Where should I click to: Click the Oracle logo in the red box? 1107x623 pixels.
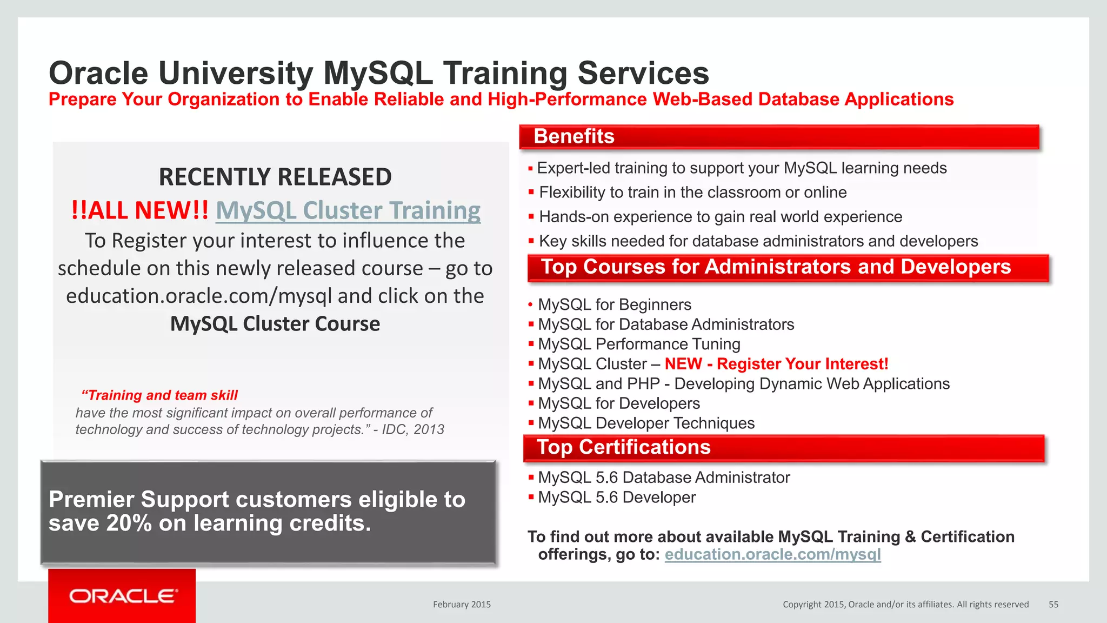pos(123,596)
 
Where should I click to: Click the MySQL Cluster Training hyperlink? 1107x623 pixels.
pos(348,210)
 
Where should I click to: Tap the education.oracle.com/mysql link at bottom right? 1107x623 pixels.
pos(772,554)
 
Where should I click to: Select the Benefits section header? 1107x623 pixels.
pos(574,136)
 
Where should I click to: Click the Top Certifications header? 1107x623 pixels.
pos(623,447)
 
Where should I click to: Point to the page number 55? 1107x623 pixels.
pos(1053,605)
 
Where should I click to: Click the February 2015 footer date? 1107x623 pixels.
pos(462,605)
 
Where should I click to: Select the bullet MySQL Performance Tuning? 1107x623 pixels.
pos(639,344)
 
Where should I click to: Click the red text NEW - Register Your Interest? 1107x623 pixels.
pos(776,364)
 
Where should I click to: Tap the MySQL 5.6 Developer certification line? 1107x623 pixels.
pos(617,497)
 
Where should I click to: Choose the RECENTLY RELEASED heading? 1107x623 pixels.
pos(275,177)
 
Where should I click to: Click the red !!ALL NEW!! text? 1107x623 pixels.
pos(140,210)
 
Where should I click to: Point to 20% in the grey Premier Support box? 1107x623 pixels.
pos(129,523)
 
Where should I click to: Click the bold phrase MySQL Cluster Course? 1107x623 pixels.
pos(275,323)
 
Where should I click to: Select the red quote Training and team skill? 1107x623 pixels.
pos(160,395)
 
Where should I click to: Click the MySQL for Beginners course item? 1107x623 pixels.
pos(615,304)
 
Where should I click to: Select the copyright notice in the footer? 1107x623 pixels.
pos(905,605)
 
